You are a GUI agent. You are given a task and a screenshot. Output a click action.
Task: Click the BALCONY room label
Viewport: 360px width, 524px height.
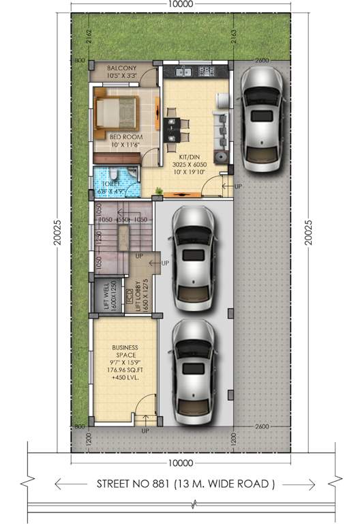(x=122, y=68)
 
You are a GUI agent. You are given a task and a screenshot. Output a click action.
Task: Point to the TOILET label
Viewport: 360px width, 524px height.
(x=112, y=184)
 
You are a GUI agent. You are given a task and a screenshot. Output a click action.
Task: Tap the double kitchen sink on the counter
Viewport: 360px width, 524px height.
(x=182, y=71)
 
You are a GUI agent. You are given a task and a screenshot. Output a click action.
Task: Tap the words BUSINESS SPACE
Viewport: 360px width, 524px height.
(x=125, y=351)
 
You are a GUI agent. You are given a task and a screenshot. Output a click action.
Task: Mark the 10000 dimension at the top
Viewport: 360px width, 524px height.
(x=181, y=4)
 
